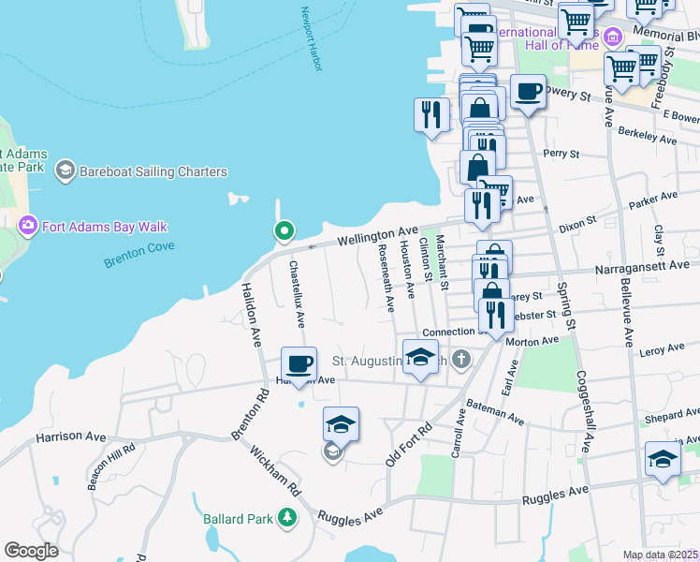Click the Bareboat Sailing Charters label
[x=153, y=171]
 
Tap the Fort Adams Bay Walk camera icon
[x=27, y=226]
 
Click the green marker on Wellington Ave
[x=284, y=230]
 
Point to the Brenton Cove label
[x=139, y=255]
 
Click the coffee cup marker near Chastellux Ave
[x=299, y=363]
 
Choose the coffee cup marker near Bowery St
[x=528, y=92]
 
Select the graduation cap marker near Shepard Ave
[x=663, y=460]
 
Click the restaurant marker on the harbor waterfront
[x=431, y=114]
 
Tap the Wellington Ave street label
[x=377, y=235]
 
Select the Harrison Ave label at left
[x=71, y=436]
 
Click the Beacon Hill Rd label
[x=110, y=466]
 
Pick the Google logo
[x=31, y=551]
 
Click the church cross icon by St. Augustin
[x=461, y=359]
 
